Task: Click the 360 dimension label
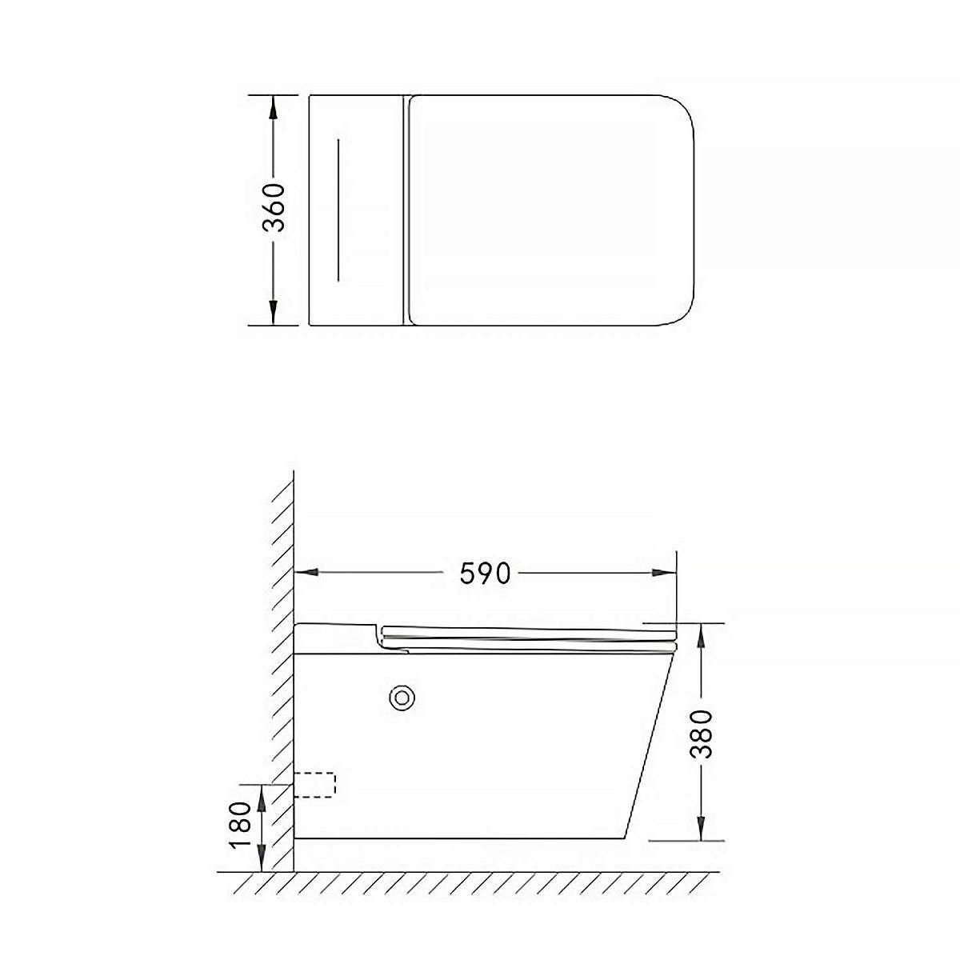(x=274, y=208)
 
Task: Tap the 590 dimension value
(x=485, y=573)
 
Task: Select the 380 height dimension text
(x=702, y=734)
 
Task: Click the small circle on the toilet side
(x=402, y=698)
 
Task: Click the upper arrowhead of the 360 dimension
(x=273, y=107)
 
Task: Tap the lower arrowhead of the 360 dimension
(x=273, y=313)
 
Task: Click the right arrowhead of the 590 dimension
(x=664, y=573)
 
